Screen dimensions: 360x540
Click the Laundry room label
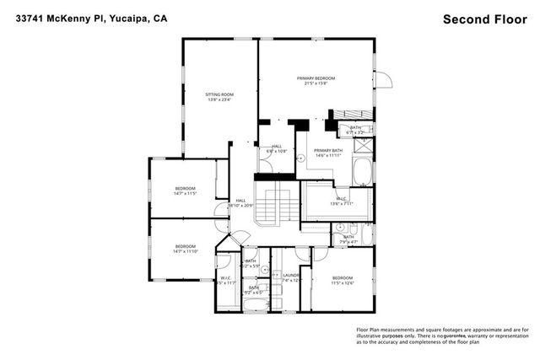click(x=292, y=276)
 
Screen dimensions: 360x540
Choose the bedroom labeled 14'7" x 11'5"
click(x=185, y=190)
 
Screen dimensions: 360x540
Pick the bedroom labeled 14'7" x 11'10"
click(x=185, y=248)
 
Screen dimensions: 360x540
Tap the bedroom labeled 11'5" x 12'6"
click(x=342, y=280)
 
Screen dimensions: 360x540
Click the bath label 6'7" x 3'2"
click(x=355, y=130)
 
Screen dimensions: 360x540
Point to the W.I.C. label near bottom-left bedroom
click(x=226, y=279)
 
